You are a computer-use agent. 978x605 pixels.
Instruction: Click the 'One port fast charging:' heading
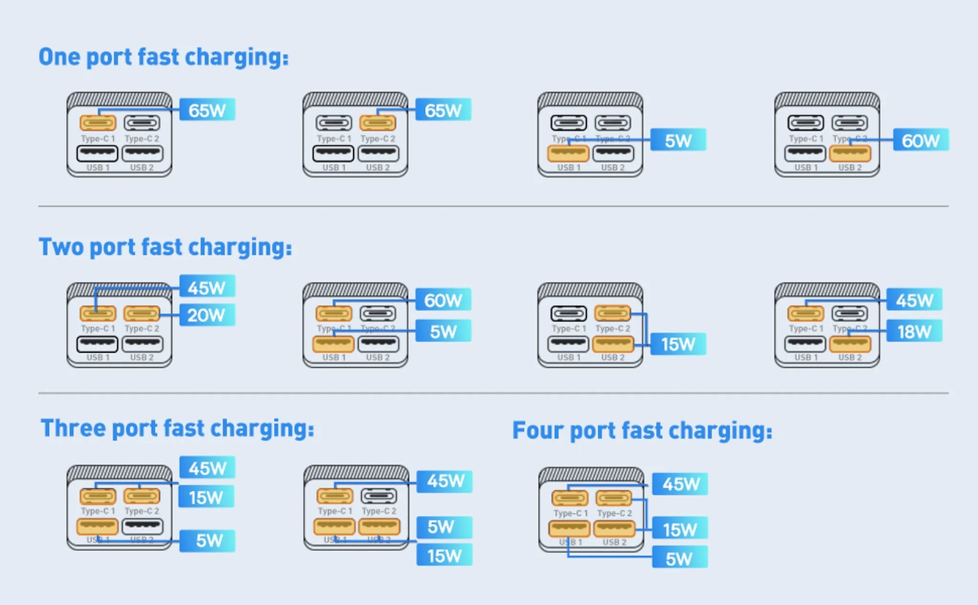tap(163, 57)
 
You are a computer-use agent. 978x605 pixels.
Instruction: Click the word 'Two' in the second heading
tap(61, 248)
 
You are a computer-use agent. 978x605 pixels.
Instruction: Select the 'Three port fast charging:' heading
tap(177, 428)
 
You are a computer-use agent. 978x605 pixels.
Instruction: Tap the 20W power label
tap(207, 315)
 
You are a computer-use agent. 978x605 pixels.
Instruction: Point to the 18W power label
tap(914, 331)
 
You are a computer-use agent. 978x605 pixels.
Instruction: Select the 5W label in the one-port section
tap(678, 141)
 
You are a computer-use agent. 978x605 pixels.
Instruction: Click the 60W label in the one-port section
tap(921, 141)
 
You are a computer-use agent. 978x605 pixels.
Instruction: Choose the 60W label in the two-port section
tap(443, 300)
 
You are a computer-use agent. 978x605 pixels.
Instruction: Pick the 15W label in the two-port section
tap(678, 344)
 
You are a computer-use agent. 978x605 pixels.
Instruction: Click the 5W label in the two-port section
tap(443, 331)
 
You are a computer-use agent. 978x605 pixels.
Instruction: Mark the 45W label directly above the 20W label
tap(207, 287)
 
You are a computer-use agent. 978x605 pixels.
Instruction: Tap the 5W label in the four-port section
tap(679, 559)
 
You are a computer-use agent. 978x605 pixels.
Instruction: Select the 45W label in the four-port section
tap(681, 484)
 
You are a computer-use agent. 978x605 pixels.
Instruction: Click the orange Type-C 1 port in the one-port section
tap(98, 123)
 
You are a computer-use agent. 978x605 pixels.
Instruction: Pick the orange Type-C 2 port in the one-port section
tap(378, 123)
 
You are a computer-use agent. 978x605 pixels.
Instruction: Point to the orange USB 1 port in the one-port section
tap(568, 153)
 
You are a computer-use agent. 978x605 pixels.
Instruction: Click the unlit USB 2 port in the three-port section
tap(142, 526)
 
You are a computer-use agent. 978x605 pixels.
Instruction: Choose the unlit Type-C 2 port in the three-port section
tap(379, 496)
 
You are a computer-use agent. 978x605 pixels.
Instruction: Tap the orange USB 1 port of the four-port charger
tap(570, 528)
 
